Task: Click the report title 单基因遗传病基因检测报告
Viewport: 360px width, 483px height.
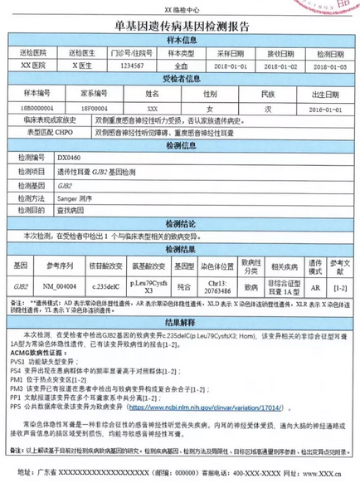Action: [179, 26]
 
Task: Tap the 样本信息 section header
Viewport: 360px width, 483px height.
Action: [179, 39]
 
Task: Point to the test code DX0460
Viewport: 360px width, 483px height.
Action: [70, 155]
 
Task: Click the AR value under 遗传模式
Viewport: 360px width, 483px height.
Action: [315, 285]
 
